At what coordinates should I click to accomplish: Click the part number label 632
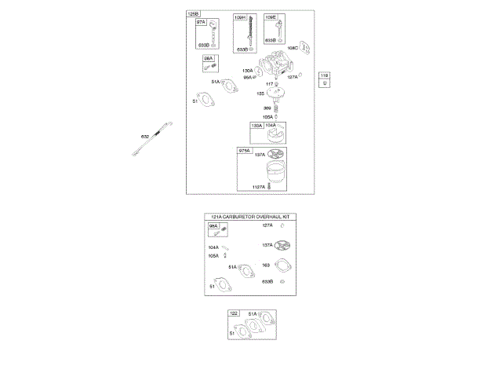(x=144, y=137)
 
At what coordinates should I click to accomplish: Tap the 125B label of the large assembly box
(x=193, y=14)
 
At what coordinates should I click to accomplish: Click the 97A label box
(x=201, y=22)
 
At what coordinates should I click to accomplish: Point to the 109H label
(x=239, y=17)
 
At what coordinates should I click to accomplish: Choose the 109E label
(x=270, y=17)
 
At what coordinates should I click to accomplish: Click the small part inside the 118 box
(x=325, y=82)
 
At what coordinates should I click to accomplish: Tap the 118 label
(x=325, y=75)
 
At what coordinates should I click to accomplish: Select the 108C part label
(x=292, y=47)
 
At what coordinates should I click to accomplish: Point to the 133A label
(x=256, y=126)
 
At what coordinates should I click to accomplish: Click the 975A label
(x=244, y=150)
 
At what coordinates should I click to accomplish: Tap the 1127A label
(x=258, y=186)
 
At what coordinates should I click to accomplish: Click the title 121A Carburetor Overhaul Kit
(x=254, y=216)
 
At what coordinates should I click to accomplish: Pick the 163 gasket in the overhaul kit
(x=284, y=265)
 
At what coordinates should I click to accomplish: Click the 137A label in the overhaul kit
(x=267, y=245)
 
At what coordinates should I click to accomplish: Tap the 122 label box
(x=233, y=313)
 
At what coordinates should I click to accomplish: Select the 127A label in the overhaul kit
(x=267, y=225)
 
